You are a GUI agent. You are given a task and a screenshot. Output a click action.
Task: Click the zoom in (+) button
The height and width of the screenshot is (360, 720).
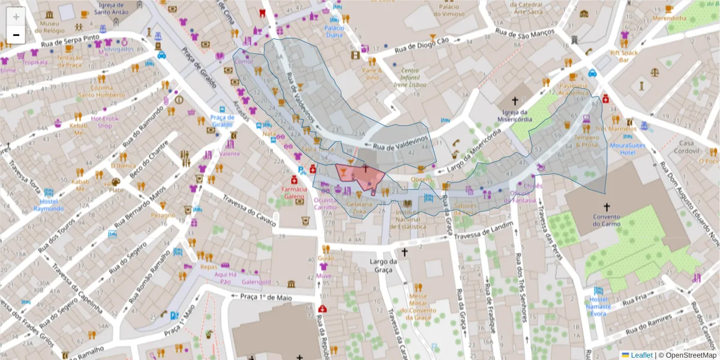coord(16,17)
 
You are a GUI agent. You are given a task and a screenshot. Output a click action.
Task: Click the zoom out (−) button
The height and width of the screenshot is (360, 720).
coord(16,35)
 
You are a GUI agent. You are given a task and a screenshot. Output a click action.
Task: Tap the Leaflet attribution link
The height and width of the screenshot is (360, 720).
coord(641,355)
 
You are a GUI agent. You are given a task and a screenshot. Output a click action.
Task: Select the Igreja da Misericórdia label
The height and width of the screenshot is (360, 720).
coord(514,115)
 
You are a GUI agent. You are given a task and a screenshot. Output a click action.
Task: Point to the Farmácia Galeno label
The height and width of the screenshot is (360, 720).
coord(295,193)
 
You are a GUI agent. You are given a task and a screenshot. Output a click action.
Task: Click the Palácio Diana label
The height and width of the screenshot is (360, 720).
coord(334,31)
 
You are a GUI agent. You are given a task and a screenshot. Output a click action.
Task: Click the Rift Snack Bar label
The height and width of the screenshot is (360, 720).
coord(623,56)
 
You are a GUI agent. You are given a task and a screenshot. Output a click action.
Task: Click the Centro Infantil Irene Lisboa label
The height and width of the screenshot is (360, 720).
coord(409,77)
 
